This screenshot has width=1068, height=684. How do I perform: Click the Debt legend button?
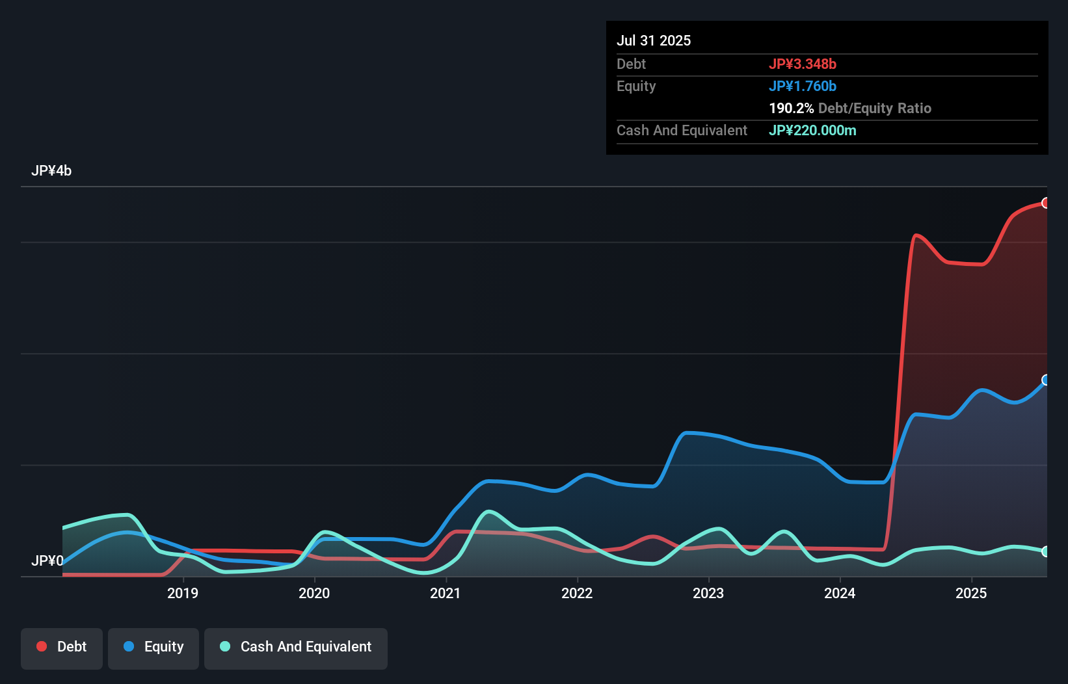tap(62, 647)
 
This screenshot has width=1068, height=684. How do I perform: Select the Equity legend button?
tap(154, 647)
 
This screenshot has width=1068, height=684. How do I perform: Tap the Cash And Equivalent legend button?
tap(296, 647)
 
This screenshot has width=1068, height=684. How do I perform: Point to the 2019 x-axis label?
tap(183, 593)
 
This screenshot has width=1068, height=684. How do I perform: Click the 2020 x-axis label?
tap(314, 593)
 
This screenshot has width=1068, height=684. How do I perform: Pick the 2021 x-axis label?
tap(446, 593)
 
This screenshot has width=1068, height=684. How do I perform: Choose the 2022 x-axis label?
tap(577, 593)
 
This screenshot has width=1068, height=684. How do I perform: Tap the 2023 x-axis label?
tap(708, 593)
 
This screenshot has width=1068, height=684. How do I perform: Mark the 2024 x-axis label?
tap(840, 593)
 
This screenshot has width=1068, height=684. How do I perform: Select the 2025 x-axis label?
tap(971, 593)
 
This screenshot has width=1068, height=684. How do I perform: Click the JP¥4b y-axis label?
tap(51, 171)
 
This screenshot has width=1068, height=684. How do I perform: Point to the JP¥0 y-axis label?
tap(47, 560)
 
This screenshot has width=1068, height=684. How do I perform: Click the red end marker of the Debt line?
tap(1045, 203)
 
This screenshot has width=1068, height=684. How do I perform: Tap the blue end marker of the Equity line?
tap(1045, 380)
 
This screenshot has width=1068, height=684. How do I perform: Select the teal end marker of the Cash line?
tap(1045, 551)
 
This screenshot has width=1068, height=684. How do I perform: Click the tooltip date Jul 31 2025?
tap(654, 40)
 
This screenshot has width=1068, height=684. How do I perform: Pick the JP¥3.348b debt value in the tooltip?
tap(803, 64)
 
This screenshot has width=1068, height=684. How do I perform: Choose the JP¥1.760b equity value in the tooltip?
tap(803, 86)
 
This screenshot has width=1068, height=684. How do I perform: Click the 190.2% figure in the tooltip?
tap(791, 108)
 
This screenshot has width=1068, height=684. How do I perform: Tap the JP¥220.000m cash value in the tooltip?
tap(812, 130)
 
